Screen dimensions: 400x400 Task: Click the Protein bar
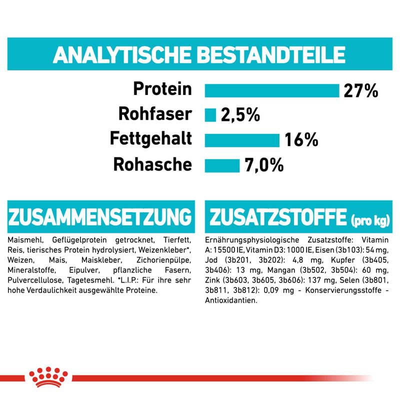272,90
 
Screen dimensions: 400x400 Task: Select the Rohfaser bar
210,115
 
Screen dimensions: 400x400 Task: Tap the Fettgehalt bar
242,140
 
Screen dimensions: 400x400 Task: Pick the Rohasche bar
222,165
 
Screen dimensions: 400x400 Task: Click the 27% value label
360,90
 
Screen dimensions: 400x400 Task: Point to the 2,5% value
240,115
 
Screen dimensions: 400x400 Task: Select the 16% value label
301,140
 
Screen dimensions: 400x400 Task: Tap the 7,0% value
264,165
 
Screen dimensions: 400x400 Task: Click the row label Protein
162,90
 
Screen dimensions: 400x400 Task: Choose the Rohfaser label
154,114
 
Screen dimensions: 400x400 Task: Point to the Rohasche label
152,164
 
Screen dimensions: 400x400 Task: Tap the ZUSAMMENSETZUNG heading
100,217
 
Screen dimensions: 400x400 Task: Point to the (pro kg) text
370,220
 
